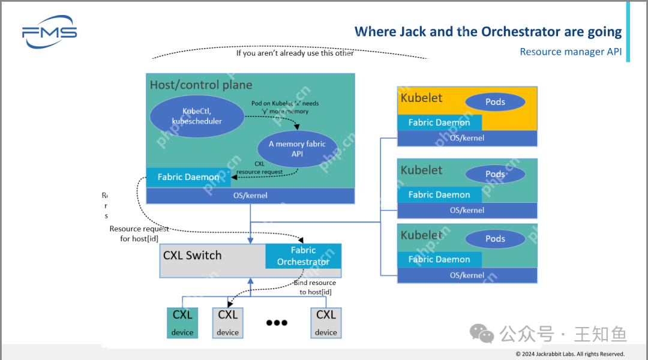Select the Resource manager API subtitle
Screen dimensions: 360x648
pos(570,52)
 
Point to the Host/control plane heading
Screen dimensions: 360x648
pos(201,85)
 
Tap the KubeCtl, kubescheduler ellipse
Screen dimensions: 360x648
pos(197,116)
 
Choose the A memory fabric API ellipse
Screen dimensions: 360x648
pos(297,149)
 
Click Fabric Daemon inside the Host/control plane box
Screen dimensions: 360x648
pos(188,177)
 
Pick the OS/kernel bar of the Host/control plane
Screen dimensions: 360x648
pos(250,196)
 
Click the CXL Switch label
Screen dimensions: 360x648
pos(192,256)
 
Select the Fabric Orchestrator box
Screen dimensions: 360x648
pos(303,256)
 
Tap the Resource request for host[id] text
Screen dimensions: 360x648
pos(139,233)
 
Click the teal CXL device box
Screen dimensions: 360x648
pos(182,323)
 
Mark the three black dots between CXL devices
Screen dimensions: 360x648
pos(277,323)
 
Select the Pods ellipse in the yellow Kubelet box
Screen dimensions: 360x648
pos(495,102)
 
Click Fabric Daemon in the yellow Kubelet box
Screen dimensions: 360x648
pos(439,122)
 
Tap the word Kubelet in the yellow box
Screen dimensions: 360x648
pos(421,98)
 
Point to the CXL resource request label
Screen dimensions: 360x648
pos(259,167)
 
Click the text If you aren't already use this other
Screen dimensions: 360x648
pos(295,53)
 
